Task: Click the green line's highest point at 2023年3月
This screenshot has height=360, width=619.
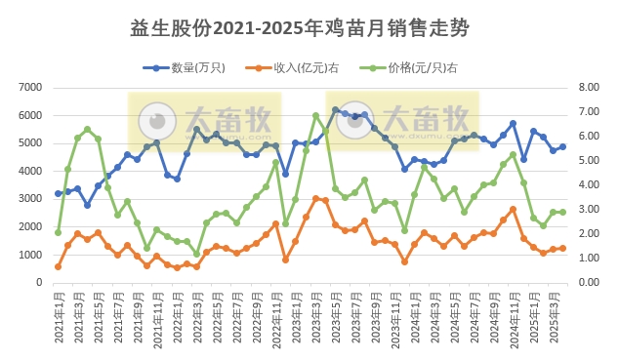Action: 315,115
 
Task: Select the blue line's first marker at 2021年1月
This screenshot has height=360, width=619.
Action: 59,193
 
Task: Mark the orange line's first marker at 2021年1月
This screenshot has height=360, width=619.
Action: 59,266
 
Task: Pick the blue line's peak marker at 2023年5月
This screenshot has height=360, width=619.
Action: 335,110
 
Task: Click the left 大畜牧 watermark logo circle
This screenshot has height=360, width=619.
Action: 154,121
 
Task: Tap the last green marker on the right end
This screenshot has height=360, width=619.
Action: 562,212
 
